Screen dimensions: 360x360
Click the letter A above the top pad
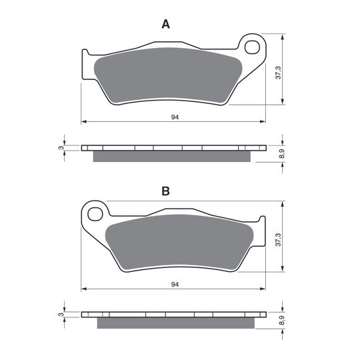165,24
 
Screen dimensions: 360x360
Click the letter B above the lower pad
165,191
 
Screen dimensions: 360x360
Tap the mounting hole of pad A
252,47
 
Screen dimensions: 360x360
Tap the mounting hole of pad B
95,214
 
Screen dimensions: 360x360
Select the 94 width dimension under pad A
175,117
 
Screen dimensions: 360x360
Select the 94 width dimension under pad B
175,285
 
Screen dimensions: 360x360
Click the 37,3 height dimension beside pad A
278,73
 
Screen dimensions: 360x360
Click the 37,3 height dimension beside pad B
278,240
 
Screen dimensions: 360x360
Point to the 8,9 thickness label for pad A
282,153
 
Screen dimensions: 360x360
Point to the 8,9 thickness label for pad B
282,320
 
